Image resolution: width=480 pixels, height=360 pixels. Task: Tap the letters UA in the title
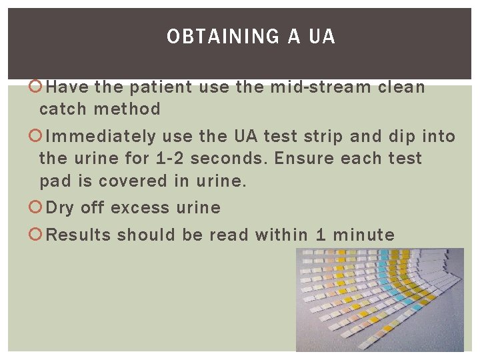click(322, 37)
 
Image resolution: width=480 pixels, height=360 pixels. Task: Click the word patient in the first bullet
click(160, 87)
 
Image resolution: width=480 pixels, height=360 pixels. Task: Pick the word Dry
click(60, 208)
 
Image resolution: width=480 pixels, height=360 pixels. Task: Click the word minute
click(364, 235)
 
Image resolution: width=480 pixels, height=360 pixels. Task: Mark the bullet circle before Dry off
click(38, 208)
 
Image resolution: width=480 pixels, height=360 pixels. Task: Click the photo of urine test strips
click(379, 299)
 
